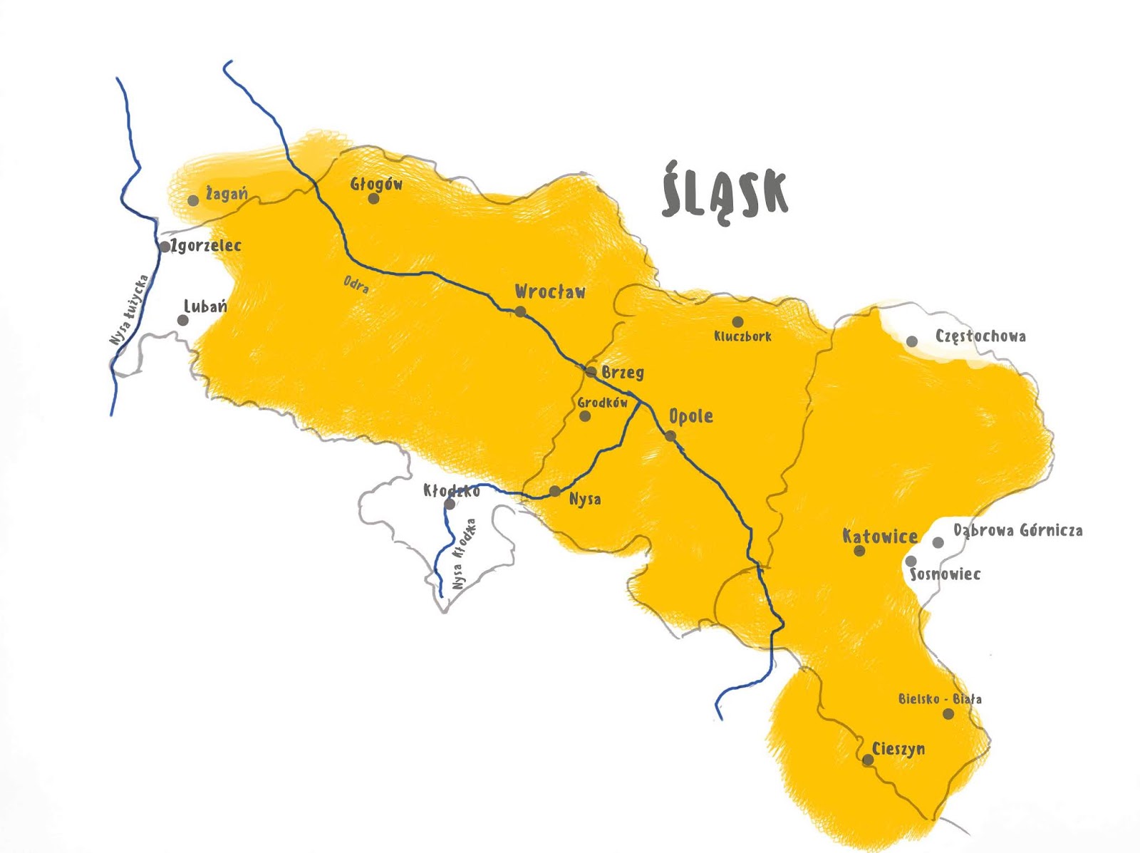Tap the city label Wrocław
550,291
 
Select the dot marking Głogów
373,198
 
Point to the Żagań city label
227,192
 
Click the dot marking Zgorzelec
165,247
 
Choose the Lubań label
205,306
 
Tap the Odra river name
356,284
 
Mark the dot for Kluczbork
737,322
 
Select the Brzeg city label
623,372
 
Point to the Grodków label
603,403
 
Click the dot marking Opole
670,435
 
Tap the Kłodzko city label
452,490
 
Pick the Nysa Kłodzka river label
464,554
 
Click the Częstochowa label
980,336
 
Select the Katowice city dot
859,551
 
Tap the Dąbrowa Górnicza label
1018,530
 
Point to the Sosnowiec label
945,574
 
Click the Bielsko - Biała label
940,699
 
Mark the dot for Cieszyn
868,760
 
